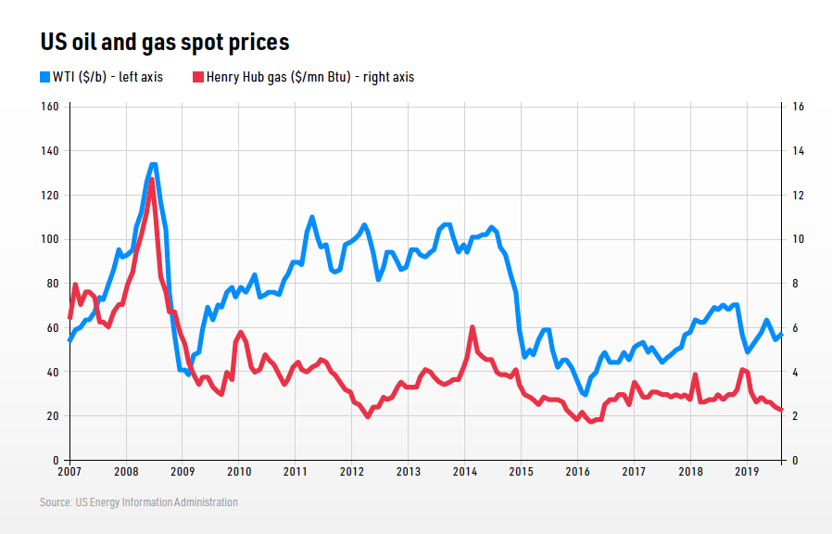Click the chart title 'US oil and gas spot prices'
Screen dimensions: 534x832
164,43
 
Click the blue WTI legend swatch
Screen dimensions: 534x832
44,77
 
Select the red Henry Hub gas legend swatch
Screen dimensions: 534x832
197,77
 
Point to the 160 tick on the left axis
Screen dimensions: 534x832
50,107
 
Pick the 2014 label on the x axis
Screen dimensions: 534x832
464,472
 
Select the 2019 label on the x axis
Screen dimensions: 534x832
747,472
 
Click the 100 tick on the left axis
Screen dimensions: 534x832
50,239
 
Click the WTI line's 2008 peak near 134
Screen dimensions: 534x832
153,165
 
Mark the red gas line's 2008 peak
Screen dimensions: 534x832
152,180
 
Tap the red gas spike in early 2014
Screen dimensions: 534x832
473,327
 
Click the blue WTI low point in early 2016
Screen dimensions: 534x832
585,394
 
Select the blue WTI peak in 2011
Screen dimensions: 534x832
312,218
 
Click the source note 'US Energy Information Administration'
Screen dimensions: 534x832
138,502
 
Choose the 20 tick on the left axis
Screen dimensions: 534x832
53,416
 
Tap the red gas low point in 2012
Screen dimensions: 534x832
368,416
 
